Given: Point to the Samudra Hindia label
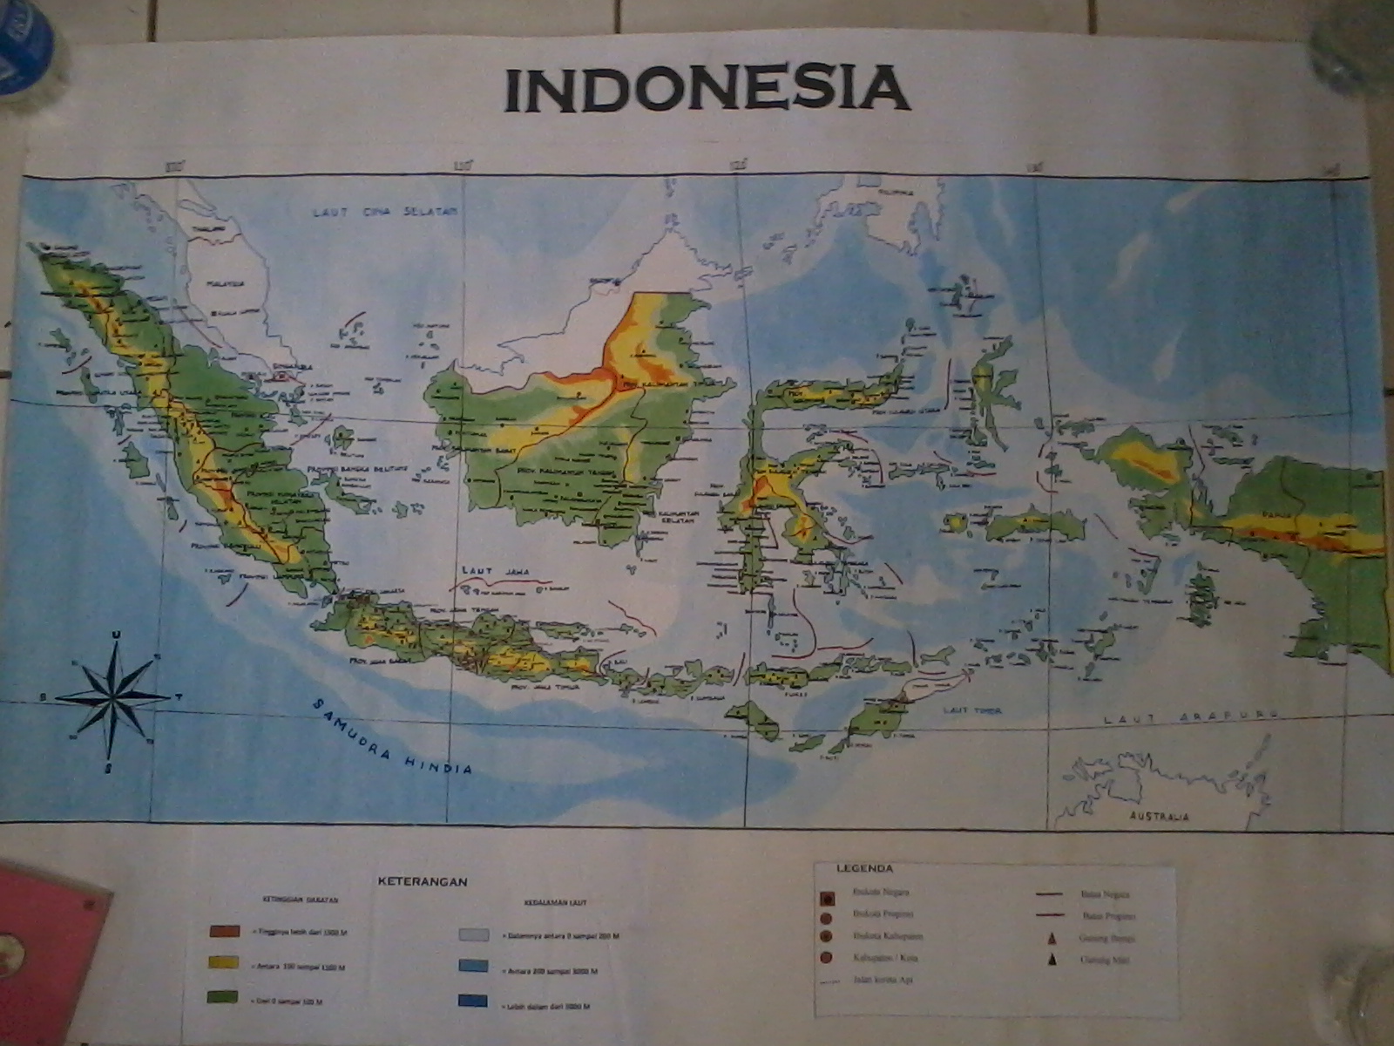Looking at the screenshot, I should (x=391, y=737).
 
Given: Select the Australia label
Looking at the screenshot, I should (x=1159, y=818).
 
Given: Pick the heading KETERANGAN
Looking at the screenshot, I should (x=423, y=881).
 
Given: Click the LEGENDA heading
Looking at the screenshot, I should (x=864, y=868).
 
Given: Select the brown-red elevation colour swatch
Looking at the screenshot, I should (x=224, y=931).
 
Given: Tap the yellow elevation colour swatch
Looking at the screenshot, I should (x=224, y=962).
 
